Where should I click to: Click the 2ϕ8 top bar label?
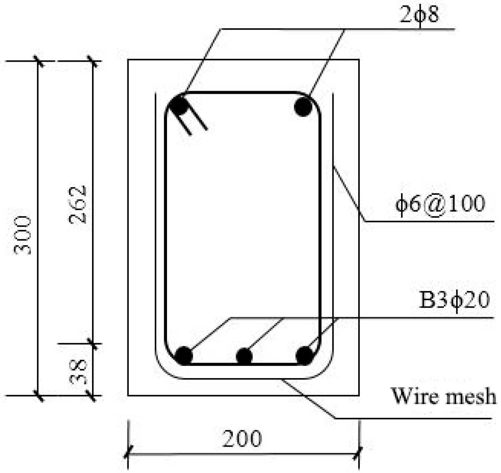419,15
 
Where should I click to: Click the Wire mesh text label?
443,396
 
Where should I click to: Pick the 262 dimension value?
77,204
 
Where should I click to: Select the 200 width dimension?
242,439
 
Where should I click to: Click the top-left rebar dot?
179,105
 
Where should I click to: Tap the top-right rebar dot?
303,107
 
